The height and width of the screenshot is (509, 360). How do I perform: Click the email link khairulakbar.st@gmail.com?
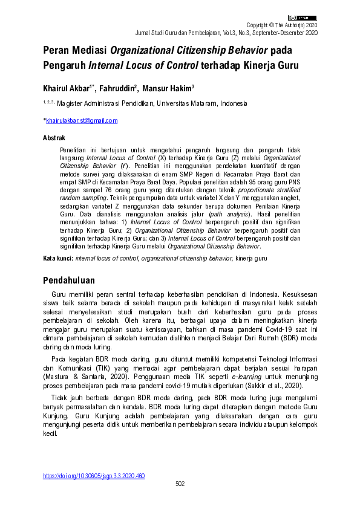[82, 121]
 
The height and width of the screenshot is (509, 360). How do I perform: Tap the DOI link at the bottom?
[94, 476]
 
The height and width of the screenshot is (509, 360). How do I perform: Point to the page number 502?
[180, 484]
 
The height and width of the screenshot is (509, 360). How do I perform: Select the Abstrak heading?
[54, 138]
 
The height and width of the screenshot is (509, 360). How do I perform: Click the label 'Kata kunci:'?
[58, 259]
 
